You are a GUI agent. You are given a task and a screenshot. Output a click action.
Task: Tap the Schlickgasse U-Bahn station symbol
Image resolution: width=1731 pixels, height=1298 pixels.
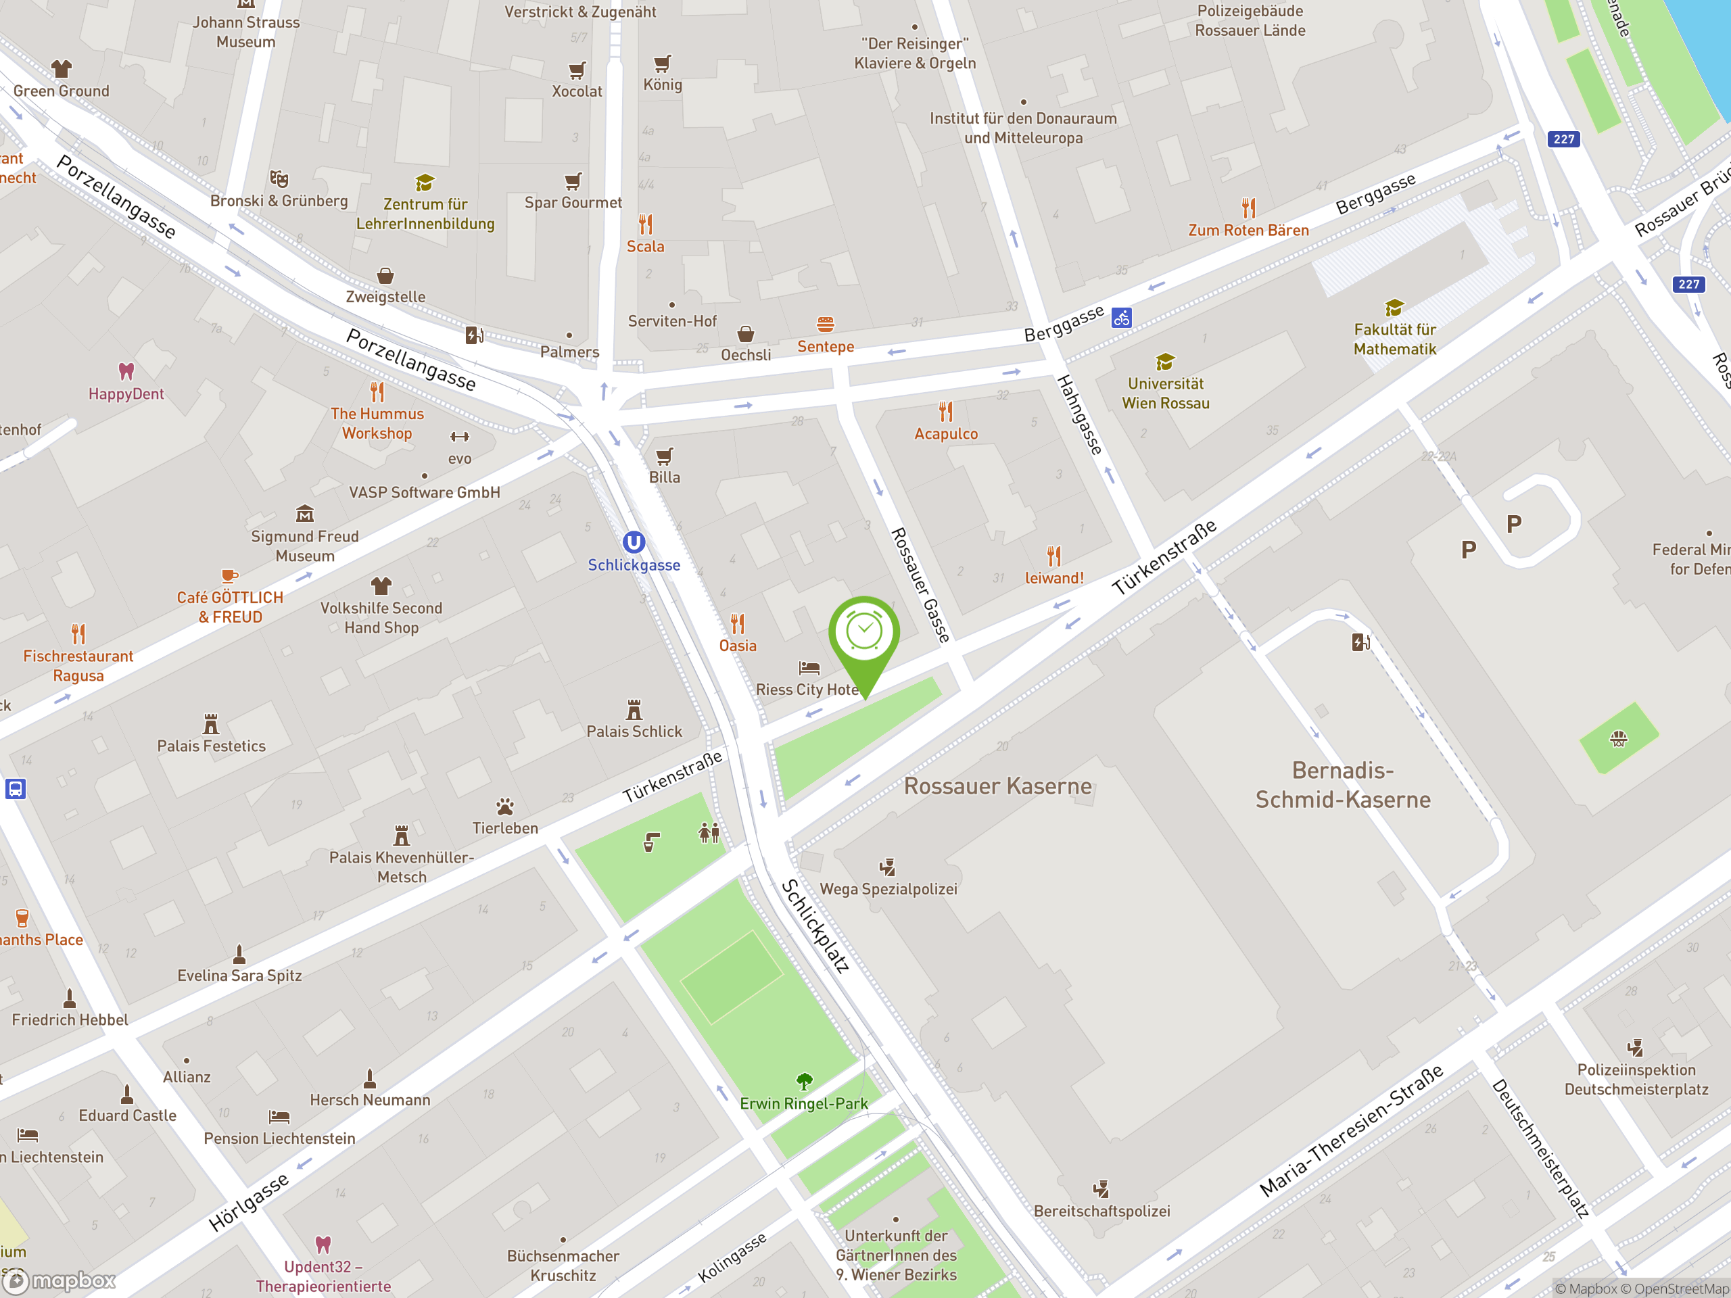click(x=633, y=542)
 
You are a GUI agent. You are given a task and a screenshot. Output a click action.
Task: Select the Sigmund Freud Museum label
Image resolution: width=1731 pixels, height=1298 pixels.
click(x=304, y=546)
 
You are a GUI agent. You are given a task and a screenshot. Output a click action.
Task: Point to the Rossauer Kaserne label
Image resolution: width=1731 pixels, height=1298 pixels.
click(x=998, y=786)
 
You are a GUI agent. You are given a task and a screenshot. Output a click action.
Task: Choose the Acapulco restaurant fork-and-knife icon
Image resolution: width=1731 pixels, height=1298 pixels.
click(x=946, y=412)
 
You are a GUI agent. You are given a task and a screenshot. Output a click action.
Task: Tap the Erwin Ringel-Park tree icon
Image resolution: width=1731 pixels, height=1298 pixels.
click(x=804, y=1081)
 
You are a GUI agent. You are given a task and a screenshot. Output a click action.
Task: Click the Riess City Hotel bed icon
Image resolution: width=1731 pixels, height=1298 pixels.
click(x=809, y=668)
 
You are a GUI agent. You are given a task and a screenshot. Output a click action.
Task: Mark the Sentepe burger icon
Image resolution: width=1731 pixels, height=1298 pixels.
click(x=825, y=324)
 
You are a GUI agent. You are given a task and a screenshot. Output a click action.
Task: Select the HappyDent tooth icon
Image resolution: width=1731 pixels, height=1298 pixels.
click(x=126, y=371)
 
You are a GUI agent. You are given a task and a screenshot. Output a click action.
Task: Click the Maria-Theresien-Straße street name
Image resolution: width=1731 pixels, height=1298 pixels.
click(x=1352, y=1130)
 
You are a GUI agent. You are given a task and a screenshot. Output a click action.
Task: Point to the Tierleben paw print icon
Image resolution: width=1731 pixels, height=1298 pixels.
click(x=504, y=807)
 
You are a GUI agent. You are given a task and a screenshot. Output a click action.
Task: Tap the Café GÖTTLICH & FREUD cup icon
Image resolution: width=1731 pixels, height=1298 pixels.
click(x=229, y=576)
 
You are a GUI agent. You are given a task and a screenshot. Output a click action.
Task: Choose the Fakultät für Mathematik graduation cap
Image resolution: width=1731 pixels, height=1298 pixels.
click(x=1394, y=308)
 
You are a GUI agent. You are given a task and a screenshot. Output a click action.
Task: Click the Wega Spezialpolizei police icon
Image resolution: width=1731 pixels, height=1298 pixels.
click(x=887, y=867)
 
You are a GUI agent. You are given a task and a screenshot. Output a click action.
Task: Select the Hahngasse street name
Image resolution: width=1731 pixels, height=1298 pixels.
click(x=1080, y=414)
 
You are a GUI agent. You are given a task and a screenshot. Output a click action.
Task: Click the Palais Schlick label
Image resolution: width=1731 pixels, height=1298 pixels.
click(x=634, y=731)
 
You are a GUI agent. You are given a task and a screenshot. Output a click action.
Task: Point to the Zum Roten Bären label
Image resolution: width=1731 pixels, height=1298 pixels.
click(x=1248, y=230)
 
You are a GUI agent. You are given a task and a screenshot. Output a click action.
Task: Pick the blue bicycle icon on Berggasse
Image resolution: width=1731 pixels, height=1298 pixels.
click(x=1121, y=318)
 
